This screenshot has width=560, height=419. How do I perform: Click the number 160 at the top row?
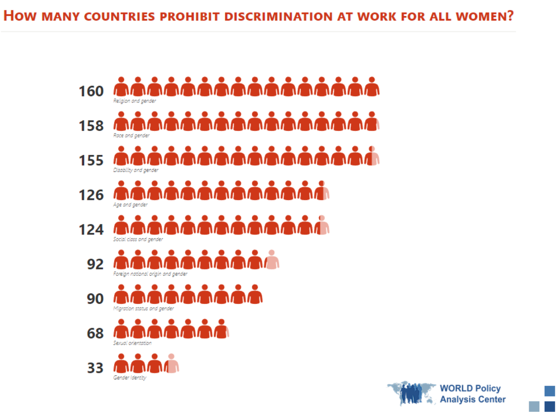click(91, 91)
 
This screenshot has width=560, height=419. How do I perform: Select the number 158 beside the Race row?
click(91, 126)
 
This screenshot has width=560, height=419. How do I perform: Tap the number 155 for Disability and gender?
click(91, 160)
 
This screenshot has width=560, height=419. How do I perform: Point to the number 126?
click(91, 195)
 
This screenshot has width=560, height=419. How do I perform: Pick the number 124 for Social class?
click(91, 230)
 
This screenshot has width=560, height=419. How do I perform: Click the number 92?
click(95, 264)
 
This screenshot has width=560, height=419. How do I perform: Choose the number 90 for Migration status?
click(95, 299)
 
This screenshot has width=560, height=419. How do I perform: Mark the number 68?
click(95, 333)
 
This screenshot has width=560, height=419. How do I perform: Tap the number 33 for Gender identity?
click(95, 368)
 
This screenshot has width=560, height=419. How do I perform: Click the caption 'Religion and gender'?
click(135, 101)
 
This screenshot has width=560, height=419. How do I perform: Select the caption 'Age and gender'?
click(130, 205)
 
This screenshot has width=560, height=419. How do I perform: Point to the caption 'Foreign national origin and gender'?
click(150, 274)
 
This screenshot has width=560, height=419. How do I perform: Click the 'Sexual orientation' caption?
click(132, 343)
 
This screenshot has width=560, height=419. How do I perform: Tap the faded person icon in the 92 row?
click(272, 260)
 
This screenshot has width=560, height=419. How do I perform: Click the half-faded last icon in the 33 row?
click(171, 364)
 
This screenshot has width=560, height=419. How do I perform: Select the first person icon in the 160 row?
click(121, 87)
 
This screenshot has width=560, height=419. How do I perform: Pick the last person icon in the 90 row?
click(255, 295)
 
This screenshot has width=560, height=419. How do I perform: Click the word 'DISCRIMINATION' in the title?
click(278, 17)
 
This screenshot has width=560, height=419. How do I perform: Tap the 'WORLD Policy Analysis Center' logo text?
click(472, 394)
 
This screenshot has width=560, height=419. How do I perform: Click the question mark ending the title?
click(510, 16)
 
